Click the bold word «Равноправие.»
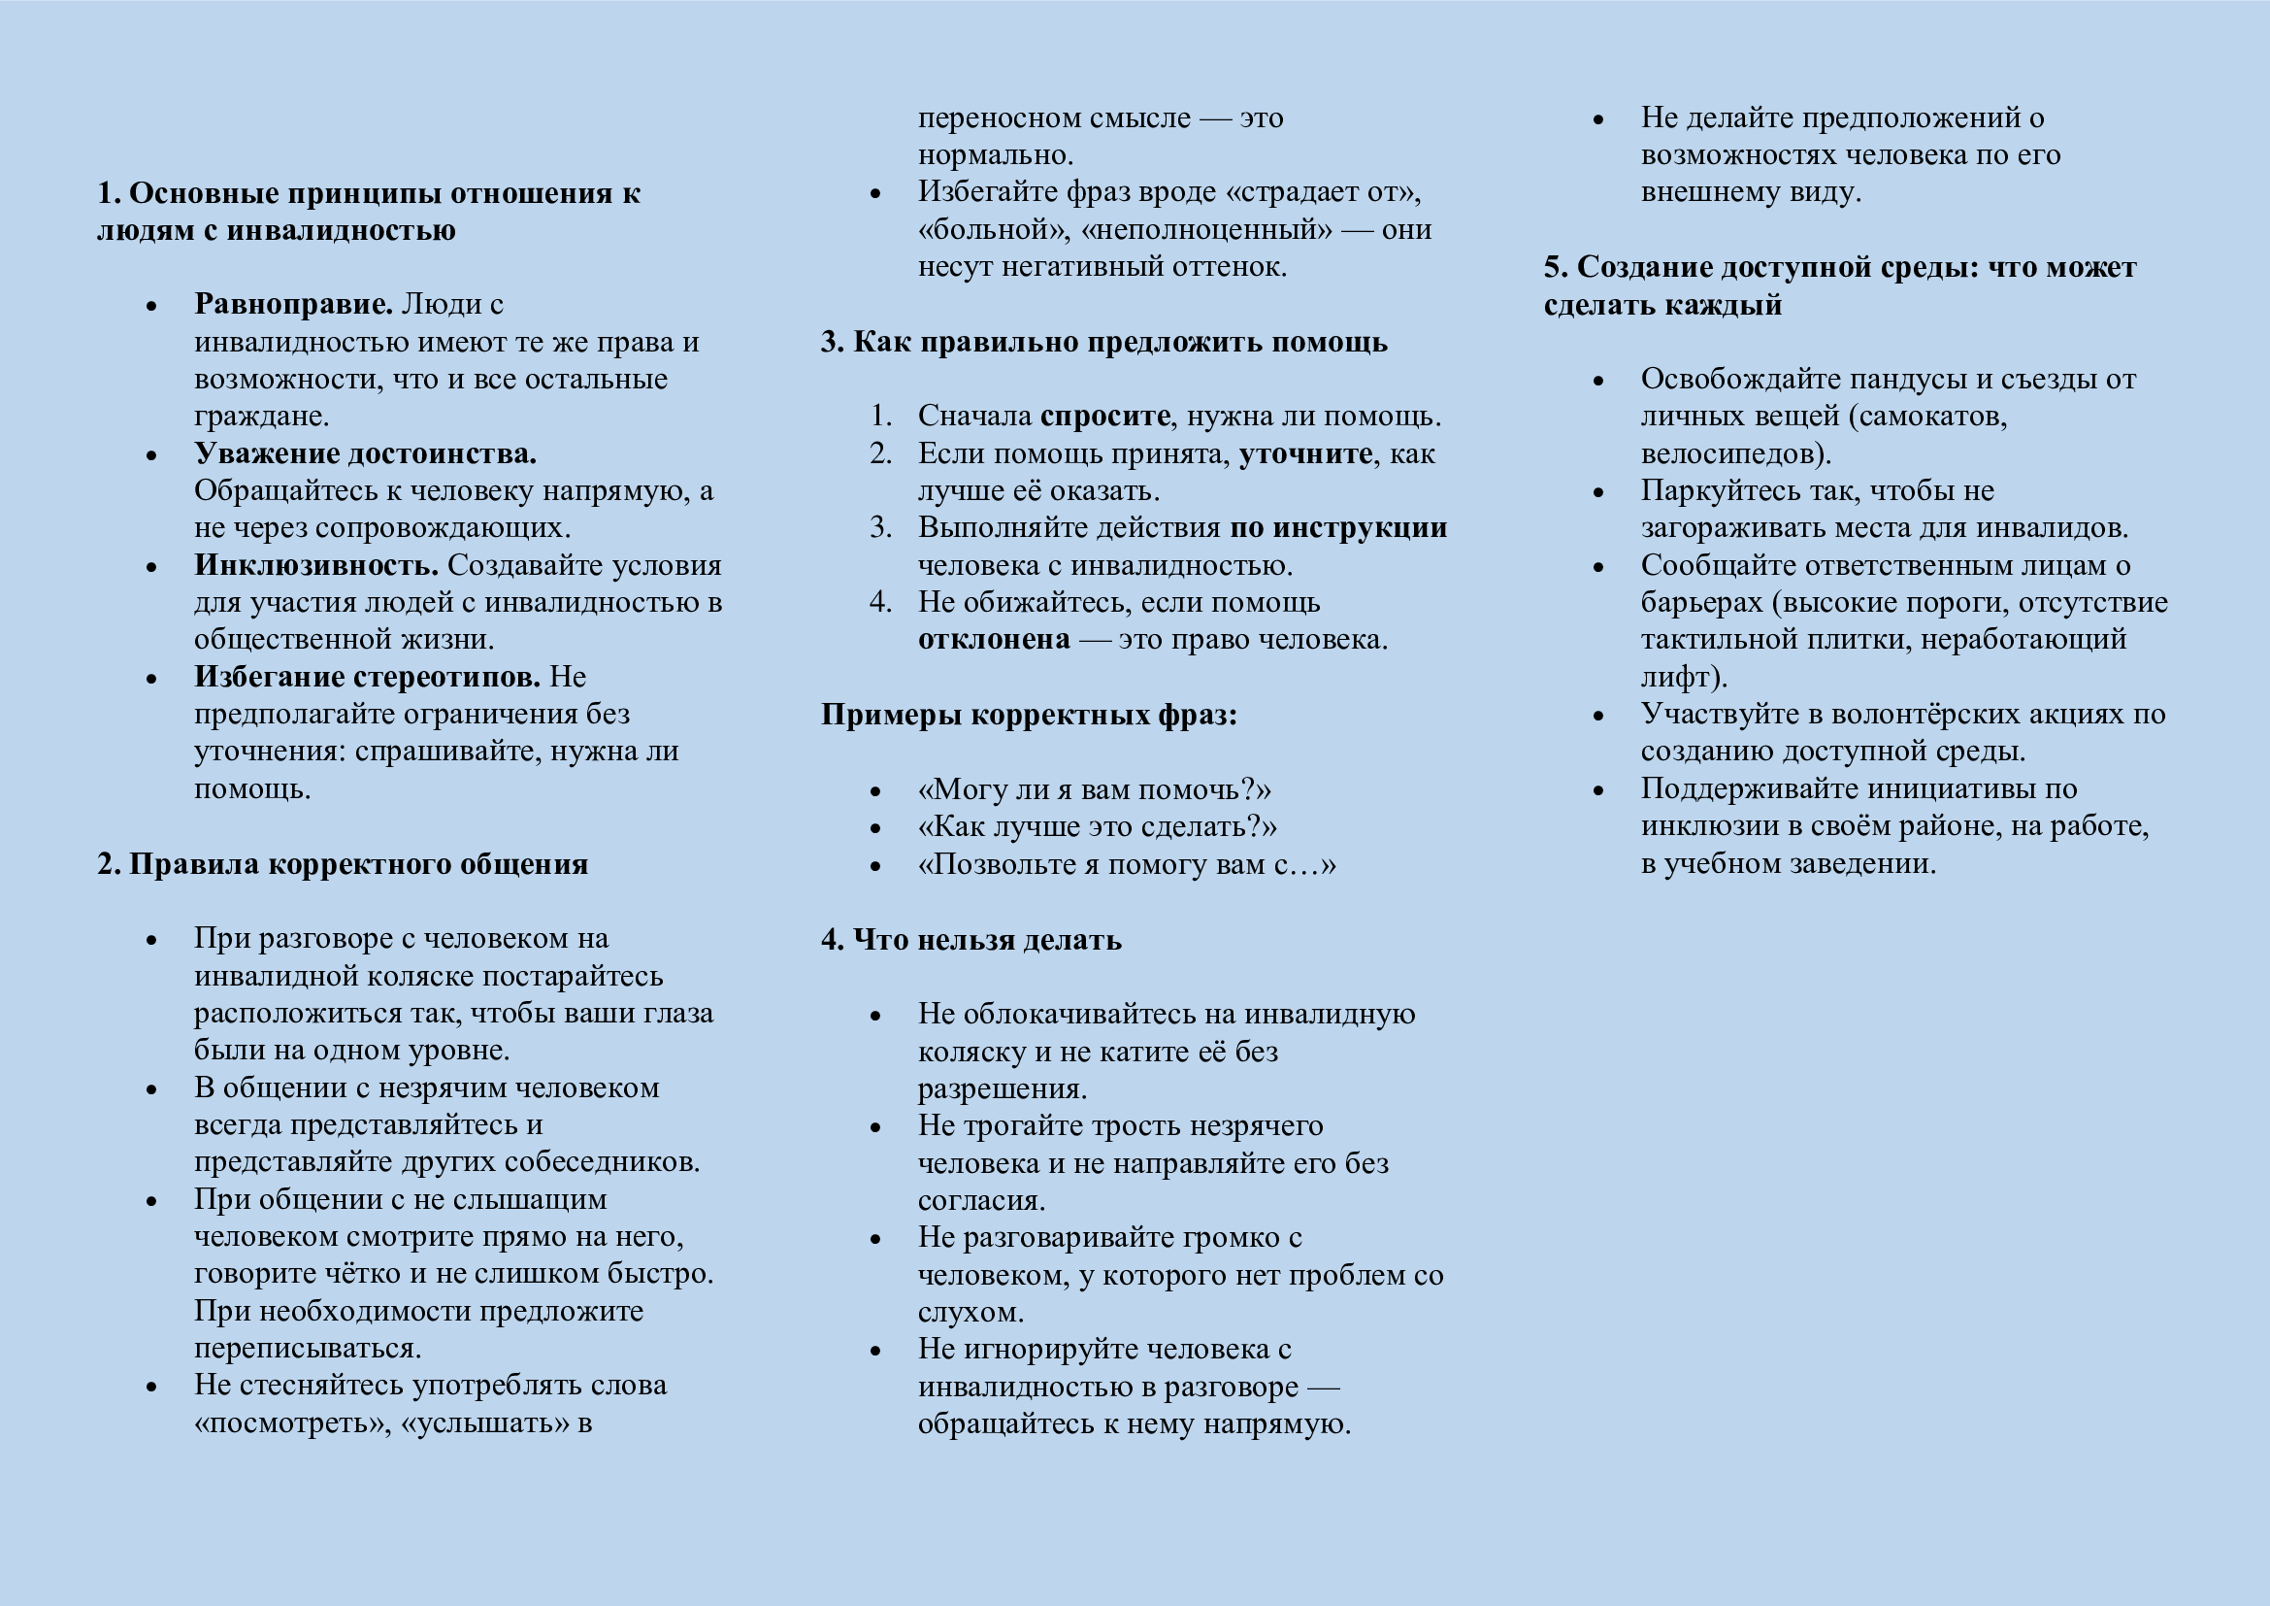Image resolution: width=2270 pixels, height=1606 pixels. point(294,304)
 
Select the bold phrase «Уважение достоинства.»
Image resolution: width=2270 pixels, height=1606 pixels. point(365,452)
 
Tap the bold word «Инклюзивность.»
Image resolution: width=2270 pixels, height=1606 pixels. point(316,565)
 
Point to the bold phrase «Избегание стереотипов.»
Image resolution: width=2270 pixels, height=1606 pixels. point(367,677)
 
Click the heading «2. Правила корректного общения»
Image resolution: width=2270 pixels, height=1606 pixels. point(342,863)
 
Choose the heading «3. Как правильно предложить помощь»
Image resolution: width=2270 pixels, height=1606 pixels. point(1103,341)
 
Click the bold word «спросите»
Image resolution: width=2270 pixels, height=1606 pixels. point(1104,416)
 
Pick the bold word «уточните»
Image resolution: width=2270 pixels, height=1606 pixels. point(1305,452)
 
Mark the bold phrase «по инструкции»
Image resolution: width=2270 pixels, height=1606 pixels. point(1337,527)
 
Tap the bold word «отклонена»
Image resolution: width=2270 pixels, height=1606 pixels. point(994,639)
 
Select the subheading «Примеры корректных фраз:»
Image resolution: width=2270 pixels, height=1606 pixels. point(1028,714)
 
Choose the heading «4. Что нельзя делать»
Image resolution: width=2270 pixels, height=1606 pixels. point(971,939)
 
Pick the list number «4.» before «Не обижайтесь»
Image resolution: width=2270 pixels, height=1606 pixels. point(881,601)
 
